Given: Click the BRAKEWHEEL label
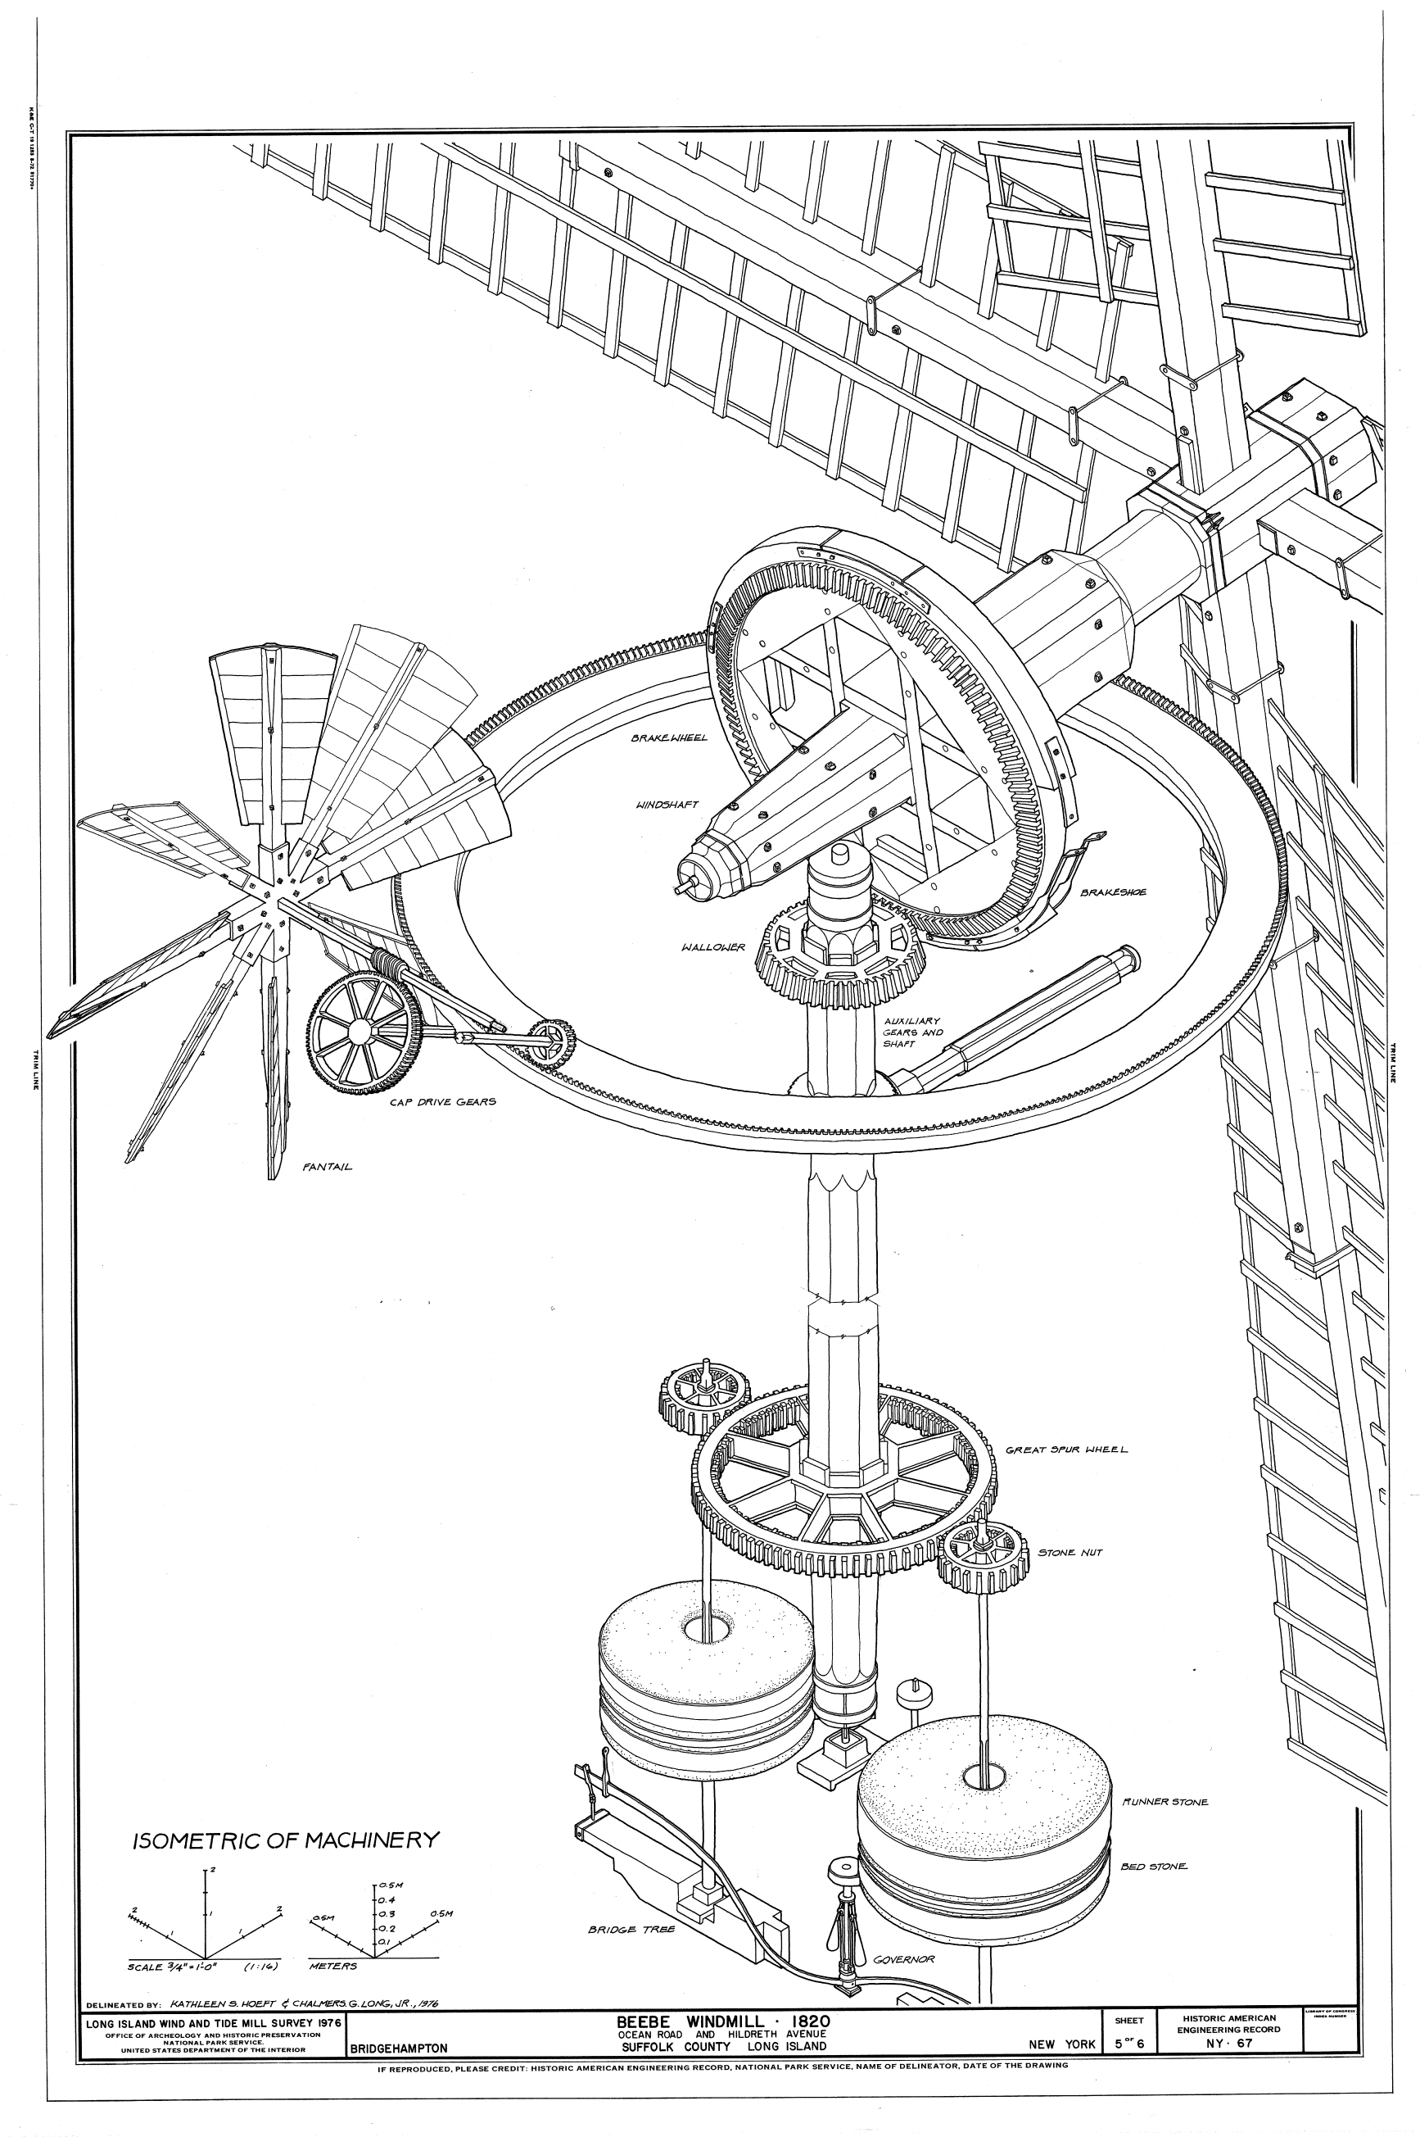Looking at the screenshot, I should (x=669, y=738).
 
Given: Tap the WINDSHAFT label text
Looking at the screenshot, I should (x=668, y=805).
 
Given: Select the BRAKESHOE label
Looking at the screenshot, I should (x=1113, y=892).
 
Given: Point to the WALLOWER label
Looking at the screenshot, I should (x=712, y=947).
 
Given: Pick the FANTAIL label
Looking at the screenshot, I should (x=327, y=1167).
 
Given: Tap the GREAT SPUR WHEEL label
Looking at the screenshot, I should (x=1067, y=1450).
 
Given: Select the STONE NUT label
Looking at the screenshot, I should (x=1070, y=1552).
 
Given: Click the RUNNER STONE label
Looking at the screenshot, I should (x=1164, y=1802).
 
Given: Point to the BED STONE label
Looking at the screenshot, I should (x=1154, y=1866).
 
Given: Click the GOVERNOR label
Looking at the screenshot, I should (x=903, y=1959).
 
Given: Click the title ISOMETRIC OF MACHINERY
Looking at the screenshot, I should (x=286, y=1840).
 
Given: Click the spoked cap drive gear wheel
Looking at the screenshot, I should (x=360, y=1031).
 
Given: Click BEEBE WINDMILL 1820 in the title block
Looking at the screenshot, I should (x=722, y=2021).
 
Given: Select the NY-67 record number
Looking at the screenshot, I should (x=1230, y=2043).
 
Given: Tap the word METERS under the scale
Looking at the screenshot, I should (x=332, y=1967).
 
